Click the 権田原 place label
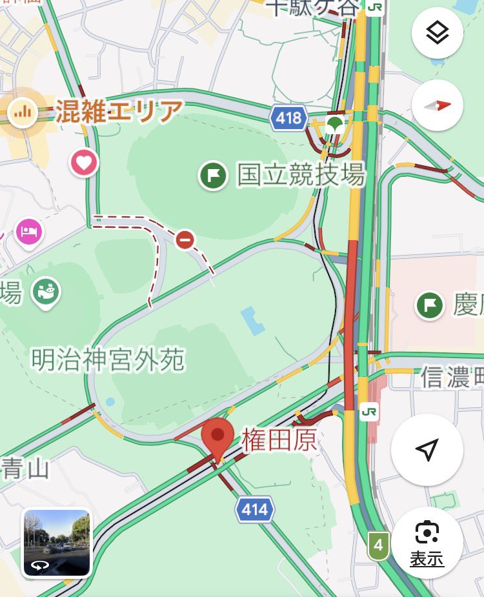279,441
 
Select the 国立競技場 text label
301,174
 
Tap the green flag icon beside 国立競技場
213,175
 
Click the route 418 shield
288,117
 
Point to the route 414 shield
254,511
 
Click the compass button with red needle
437,106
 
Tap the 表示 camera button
427,544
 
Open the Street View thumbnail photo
57,542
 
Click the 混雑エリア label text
119,112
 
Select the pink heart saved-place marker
84,162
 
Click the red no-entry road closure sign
185,240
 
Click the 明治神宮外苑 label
108,359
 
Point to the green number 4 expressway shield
379,546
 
